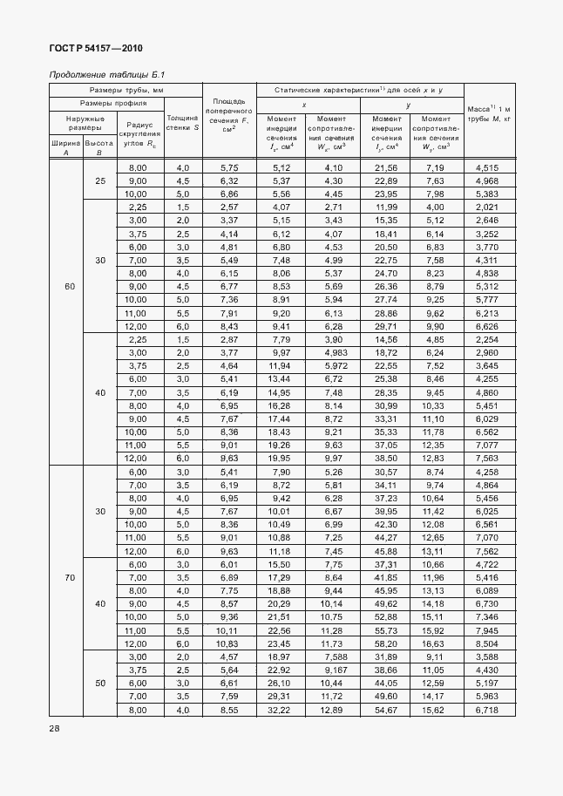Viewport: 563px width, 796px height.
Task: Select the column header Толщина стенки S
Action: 183,121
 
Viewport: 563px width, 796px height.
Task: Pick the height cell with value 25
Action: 100,180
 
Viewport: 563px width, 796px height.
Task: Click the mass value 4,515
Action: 487,167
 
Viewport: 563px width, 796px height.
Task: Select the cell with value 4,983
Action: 332,351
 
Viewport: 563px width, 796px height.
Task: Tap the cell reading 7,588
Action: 332,655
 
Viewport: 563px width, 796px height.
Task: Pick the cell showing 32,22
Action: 281,711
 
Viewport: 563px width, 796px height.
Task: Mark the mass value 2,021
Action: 487,207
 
